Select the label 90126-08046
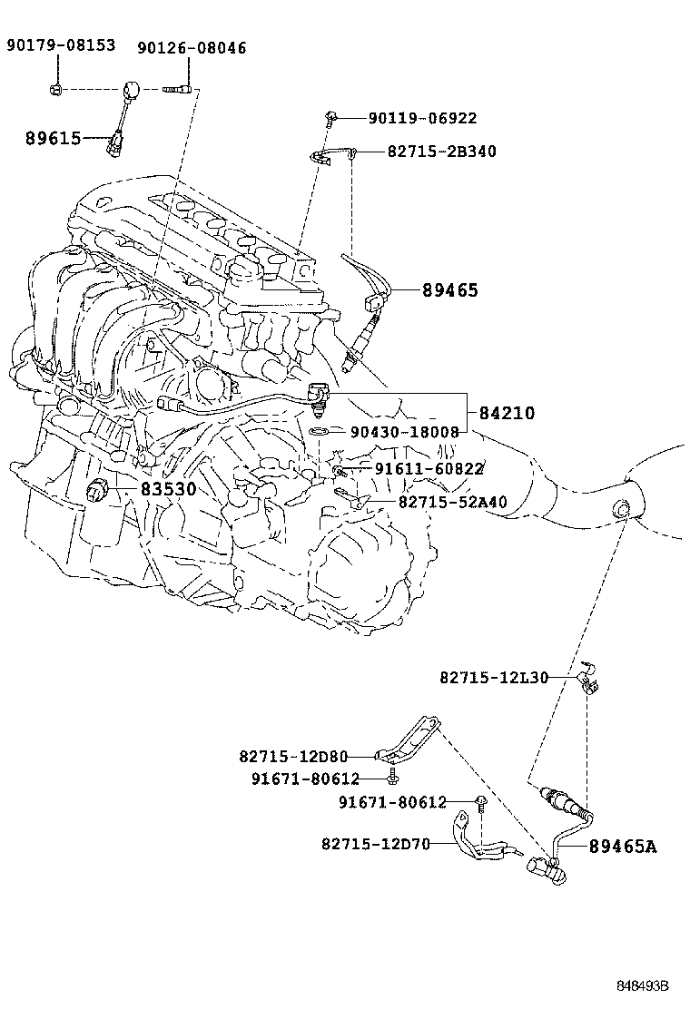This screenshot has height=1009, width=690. coord(192,48)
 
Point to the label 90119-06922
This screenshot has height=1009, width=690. coord(422,118)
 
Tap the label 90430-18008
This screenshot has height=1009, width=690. coord(406,432)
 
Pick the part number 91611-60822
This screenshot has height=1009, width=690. coord(429,468)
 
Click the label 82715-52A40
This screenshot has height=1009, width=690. coord(452,502)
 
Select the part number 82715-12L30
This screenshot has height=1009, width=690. coord(494,677)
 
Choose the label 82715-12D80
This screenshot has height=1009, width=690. coord(293,756)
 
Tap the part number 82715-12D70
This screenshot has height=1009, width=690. coord(375,844)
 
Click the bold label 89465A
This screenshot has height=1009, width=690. coord(622,847)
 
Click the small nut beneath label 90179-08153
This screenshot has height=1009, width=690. coord(56,89)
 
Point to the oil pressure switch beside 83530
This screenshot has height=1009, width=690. coord(98,493)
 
